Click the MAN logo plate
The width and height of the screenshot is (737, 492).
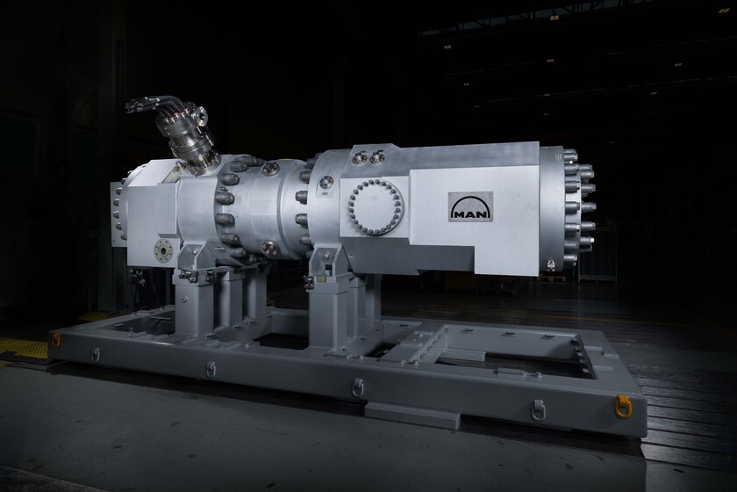pos(470,206)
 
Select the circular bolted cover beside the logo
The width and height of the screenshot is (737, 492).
pos(376,207)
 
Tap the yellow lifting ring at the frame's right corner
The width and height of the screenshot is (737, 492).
pos(622,406)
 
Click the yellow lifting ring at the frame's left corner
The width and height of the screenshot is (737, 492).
pos(56,339)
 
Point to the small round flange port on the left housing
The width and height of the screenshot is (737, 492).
pos(163,250)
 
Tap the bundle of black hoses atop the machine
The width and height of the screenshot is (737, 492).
pos(149,102)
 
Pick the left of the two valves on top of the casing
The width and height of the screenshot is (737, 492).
pos(360,157)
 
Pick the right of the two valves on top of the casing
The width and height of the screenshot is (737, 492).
pos(376,156)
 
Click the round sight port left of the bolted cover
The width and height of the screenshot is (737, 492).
pos(326,182)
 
